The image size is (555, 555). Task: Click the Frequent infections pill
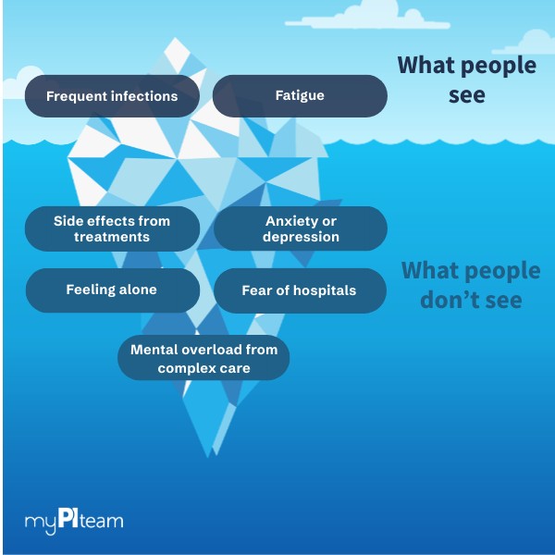click(112, 96)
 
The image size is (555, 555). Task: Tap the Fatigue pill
click(300, 96)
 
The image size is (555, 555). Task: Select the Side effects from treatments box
click(112, 228)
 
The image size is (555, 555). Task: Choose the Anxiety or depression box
click(301, 228)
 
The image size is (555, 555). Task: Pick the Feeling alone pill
click(112, 290)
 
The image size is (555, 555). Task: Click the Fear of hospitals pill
click(300, 290)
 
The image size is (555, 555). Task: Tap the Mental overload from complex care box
click(203, 359)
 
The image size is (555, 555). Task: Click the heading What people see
click(466, 80)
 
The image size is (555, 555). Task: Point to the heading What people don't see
click(470, 285)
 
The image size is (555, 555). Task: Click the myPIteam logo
click(74, 520)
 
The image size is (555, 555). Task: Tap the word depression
click(301, 237)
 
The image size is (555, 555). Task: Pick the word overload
click(205, 351)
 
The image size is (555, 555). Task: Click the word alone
click(136, 290)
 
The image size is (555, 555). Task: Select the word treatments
click(112, 237)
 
